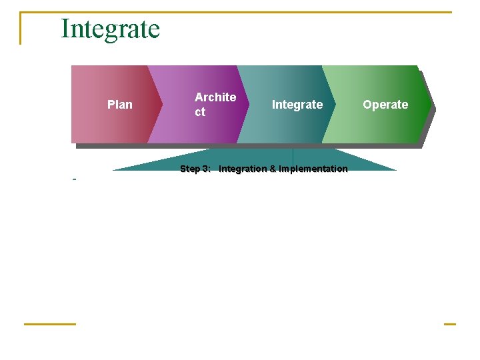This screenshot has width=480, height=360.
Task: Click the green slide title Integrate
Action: [110, 29]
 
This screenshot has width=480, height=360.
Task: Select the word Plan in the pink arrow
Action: [120, 105]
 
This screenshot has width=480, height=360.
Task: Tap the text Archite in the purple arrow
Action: [215, 97]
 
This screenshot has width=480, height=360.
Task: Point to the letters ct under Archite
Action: [200, 113]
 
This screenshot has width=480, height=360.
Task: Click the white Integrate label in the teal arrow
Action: [297, 105]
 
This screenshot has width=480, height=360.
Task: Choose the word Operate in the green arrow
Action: [385, 105]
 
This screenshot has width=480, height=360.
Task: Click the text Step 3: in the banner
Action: [195, 169]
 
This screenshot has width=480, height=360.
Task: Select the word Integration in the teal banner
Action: [243, 169]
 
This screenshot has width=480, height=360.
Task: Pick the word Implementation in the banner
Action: [313, 169]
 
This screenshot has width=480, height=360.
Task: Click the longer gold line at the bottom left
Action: [50, 324]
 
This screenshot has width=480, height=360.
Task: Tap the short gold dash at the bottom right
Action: [449, 324]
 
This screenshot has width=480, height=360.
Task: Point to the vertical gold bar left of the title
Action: [21, 29]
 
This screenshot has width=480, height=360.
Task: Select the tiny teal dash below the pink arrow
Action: [74, 179]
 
